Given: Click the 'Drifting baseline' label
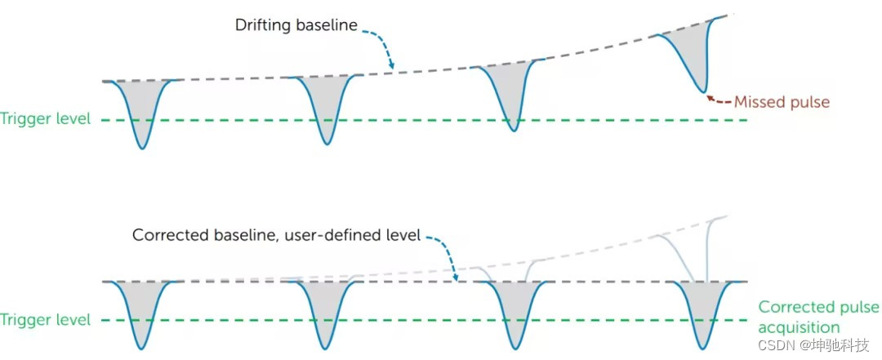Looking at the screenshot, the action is point(296,26).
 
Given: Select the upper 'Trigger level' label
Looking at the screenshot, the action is point(46,119).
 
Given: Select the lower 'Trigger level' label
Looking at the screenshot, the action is point(46,320).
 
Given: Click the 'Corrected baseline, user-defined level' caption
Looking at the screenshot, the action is point(276,235).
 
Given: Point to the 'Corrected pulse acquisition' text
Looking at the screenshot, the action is point(817,317).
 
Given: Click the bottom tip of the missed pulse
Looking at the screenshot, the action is point(702,92).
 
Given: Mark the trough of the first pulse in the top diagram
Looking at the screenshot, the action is point(142,149).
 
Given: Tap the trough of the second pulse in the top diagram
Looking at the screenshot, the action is point(327,144).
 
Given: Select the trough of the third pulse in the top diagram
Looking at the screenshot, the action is point(512,131).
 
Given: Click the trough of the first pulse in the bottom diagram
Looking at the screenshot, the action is point(142,349).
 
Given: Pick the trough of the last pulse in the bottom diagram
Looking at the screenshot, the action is point(702,349).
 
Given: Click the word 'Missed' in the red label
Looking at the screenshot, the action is point(758,102).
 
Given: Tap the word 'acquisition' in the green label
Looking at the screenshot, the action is point(799,327).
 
